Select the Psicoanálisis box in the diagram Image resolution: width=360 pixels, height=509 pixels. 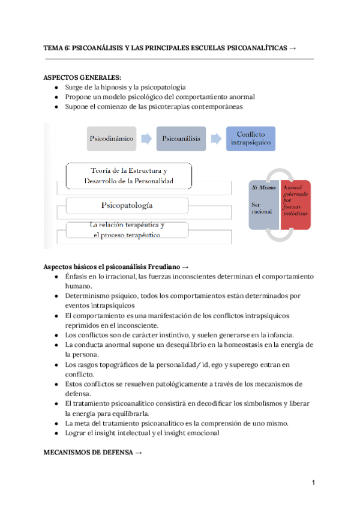[x=180, y=139]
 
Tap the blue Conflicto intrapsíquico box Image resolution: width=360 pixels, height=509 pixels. [x=251, y=139]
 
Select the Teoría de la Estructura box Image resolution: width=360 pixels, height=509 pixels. [x=128, y=175]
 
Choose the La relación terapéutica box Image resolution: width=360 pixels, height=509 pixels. [x=127, y=230]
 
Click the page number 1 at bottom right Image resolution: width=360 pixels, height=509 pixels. [x=314, y=483]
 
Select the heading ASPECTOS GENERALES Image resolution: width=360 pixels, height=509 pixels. [x=82, y=77]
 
